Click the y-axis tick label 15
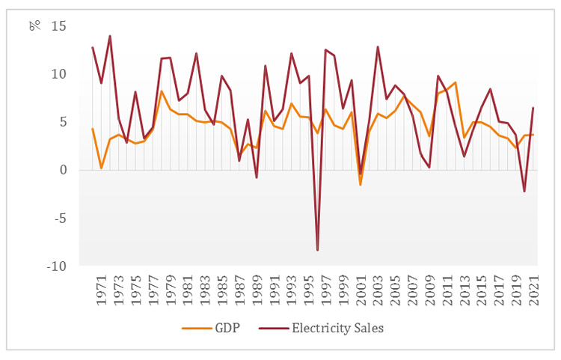(x=58, y=26)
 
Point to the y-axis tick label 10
(x=58, y=74)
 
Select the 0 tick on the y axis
(x=64, y=170)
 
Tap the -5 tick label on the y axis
(x=61, y=218)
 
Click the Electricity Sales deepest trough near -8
(x=318, y=250)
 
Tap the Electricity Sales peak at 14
(x=110, y=36)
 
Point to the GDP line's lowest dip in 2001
(x=361, y=184)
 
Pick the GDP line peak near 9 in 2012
(x=456, y=82)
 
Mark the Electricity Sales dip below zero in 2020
(x=524, y=192)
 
